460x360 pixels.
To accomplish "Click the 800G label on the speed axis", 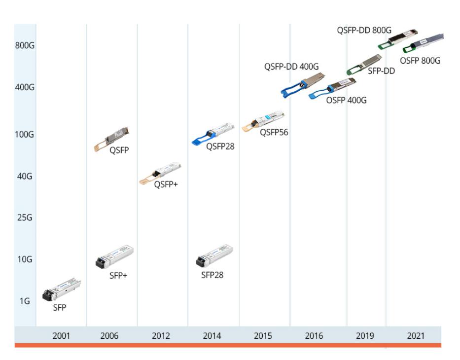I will coord(24,45).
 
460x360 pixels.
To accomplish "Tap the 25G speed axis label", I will coord(24,217).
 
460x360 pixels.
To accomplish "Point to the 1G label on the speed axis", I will coord(24,301).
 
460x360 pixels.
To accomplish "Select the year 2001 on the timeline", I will coord(62,336).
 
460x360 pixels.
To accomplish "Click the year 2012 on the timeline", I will coord(161,336).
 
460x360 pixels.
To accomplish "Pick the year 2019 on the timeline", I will coord(365,336).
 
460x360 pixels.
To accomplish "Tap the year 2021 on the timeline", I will coord(415,336).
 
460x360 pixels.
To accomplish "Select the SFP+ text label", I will coord(118,275).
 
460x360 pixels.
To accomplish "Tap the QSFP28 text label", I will coord(220,146).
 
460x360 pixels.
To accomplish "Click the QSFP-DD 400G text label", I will coord(291,67).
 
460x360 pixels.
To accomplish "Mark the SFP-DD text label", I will coord(381,71).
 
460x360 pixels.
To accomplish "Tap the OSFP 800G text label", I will coord(420,61).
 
